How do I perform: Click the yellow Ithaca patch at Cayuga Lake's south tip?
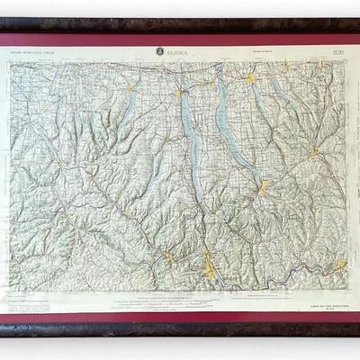[263, 187]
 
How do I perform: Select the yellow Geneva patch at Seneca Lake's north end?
[181, 90]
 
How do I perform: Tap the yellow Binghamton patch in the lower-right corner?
[339, 265]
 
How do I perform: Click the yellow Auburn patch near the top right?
[250, 79]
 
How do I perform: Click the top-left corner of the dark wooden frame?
[3, 19]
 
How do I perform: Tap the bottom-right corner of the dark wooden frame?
[357, 335]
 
